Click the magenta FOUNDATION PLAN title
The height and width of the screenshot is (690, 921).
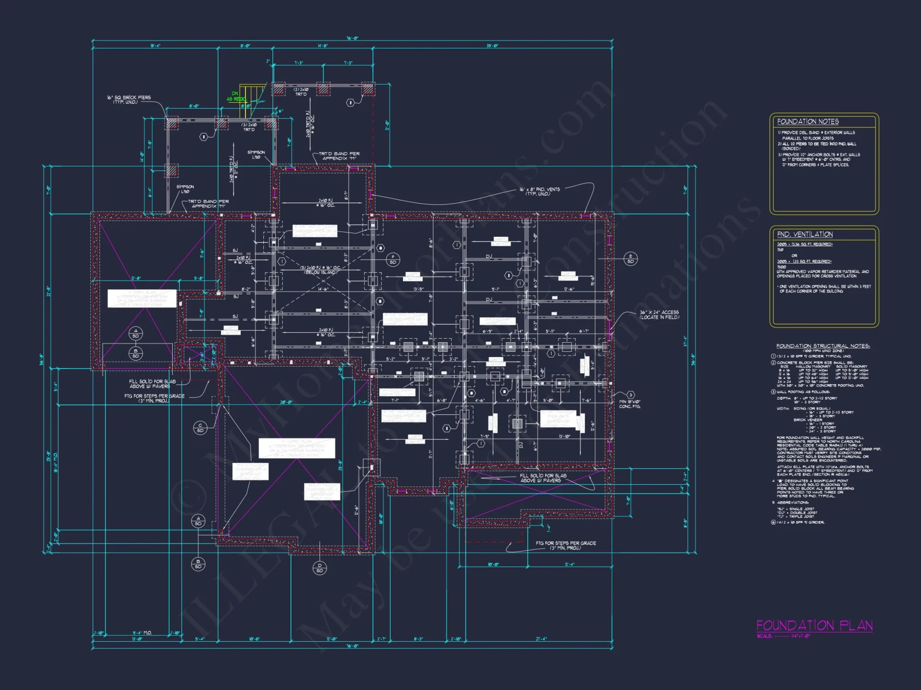[x=814, y=626]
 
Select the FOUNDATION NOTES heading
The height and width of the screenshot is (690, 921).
[x=808, y=121]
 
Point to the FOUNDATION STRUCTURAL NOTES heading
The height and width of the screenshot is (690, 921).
[x=822, y=346]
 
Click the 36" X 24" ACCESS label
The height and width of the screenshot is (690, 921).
[x=659, y=315]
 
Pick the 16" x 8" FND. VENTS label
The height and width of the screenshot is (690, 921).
[x=540, y=191]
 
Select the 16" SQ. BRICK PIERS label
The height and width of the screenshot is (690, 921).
[x=128, y=99]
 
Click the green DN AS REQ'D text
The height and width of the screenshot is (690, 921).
[x=236, y=96]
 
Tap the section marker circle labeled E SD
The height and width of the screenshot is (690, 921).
[x=630, y=259]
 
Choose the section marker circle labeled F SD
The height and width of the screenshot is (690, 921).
[x=393, y=259]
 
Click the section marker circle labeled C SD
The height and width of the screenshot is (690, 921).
[x=200, y=427]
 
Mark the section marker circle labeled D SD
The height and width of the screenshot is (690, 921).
[x=320, y=568]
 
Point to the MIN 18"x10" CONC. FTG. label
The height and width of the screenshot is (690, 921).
[x=630, y=404]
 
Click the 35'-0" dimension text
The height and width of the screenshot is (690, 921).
[x=492, y=46]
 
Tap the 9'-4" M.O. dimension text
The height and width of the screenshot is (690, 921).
[x=142, y=633]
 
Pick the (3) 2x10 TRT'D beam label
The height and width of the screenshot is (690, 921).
[x=249, y=127]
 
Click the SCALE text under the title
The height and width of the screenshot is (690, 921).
[x=783, y=636]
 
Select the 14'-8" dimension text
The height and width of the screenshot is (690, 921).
[x=322, y=46]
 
